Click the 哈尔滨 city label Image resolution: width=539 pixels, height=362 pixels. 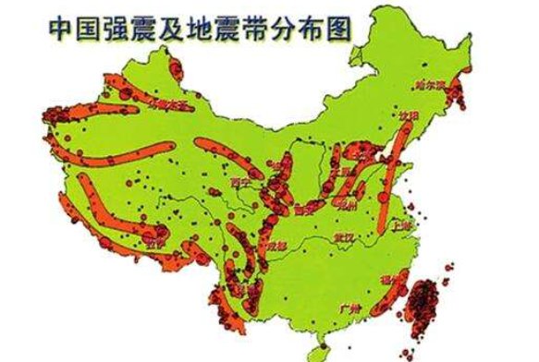[x=431, y=86]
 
